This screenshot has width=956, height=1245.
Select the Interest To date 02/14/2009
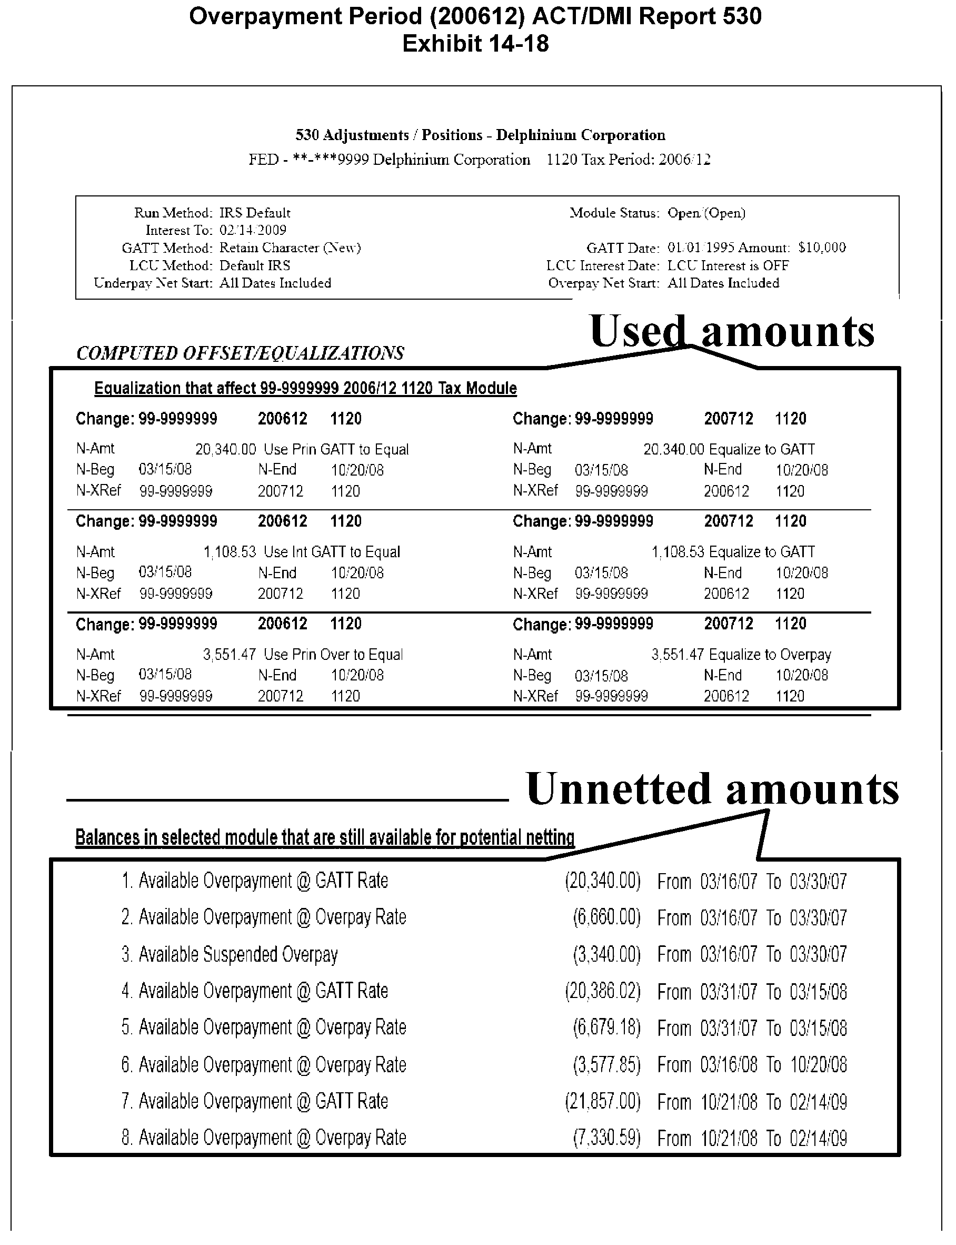coord(253,230)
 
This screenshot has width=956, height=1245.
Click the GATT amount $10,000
coord(822,248)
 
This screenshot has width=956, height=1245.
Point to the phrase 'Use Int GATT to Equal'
coord(332,552)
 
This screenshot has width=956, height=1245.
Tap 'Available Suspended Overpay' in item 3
coord(238,954)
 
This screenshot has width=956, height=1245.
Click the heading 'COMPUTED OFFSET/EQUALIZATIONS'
coord(240,353)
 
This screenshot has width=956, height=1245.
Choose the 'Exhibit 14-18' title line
coord(475,44)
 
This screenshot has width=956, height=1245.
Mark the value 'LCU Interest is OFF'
coord(728,266)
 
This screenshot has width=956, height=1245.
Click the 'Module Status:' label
coord(614,213)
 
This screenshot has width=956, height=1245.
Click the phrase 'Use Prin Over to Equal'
coord(333,655)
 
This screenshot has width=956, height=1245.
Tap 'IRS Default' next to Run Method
coord(255,213)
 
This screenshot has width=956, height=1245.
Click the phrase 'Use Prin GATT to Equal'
coord(336,450)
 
